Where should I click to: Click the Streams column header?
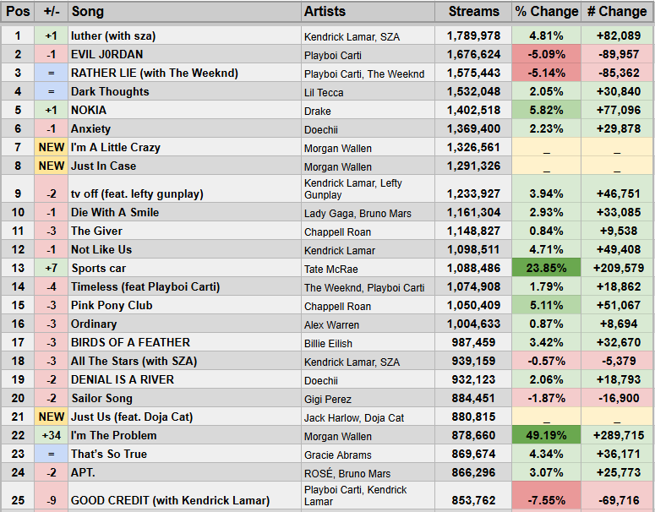tap(473, 12)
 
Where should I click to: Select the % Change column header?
tap(546, 12)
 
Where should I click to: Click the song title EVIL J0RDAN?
tap(107, 54)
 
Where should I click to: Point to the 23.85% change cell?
tap(546, 268)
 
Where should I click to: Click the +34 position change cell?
tap(52, 435)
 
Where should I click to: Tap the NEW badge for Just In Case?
tap(52, 166)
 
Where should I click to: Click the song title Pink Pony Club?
tap(112, 305)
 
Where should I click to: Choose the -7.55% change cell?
tap(546, 499)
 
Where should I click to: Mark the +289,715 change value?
tap(616, 435)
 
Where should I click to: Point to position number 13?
tap(18, 268)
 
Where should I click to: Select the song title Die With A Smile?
tap(115, 212)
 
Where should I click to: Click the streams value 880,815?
tap(473, 417)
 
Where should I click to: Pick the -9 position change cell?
tap(52, 499)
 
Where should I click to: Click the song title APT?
tap(84, 472)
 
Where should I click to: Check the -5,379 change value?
tap(616, 361)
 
